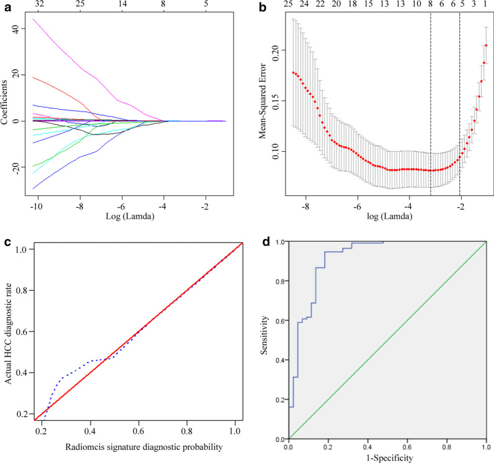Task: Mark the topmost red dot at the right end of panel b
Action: (x=486, y=45)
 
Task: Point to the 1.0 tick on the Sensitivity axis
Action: (x=281, y=242)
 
